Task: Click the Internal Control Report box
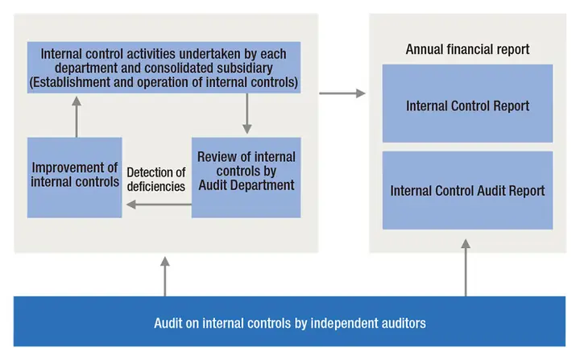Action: click(467, 103)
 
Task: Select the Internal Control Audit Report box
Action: click(467, 190)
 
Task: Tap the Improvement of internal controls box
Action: click(74, 178)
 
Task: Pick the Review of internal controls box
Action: click(246, 178)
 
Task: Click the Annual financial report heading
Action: click(467, 49)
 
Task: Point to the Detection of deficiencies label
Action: click(156, 180)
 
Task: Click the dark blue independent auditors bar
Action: click(290, 321)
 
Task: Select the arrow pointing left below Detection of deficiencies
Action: click(159, 205)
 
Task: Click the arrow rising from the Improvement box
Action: click(77, 117)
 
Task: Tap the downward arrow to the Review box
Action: click(247, 114)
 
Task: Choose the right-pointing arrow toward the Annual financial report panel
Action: click(342, 93)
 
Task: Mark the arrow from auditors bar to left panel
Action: click(165, 276)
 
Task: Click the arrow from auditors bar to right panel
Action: click(466, 267)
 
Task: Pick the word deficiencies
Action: click(156, 187)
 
